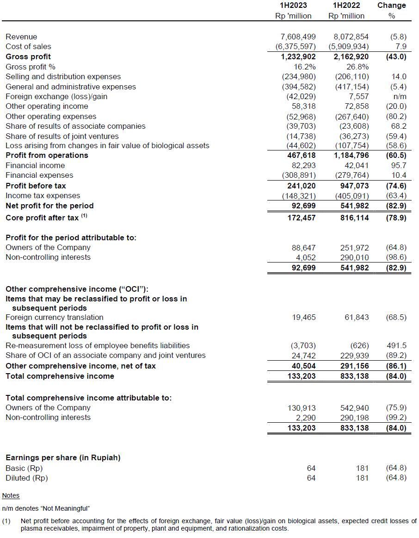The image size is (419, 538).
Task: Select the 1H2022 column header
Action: (x=346, y=6)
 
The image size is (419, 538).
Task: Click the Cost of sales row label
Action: (x=28, y=46)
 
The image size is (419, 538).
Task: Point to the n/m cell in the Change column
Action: (x=399, y=96)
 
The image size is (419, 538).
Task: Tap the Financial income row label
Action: (x=35, y=165)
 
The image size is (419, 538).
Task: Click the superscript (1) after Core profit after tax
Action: (x=84, y=216)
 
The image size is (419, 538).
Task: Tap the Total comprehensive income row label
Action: (x=60, y=376)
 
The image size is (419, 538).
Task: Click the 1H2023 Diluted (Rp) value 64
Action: (x=311, y=478)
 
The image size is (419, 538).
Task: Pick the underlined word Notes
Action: (x=11, y=495)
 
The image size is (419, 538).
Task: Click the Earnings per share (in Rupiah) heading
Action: (x=63, y=457)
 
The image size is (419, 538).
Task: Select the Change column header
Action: (x=392, y=6)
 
